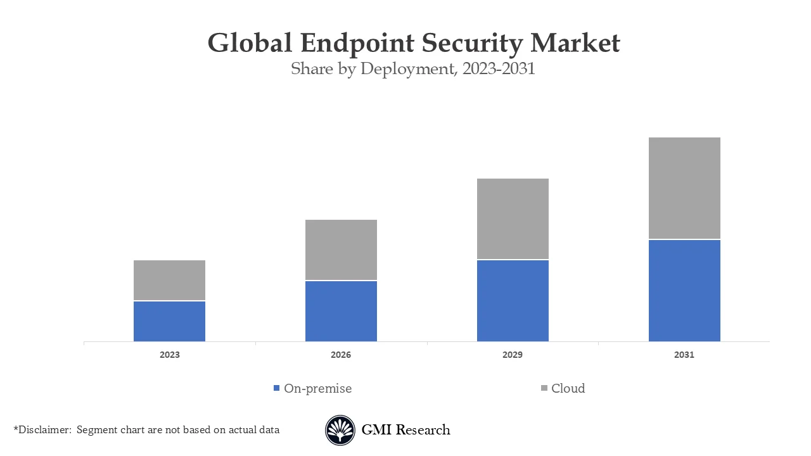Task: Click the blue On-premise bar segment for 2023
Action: tap(169, 321)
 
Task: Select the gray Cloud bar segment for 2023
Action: tap(169, 280)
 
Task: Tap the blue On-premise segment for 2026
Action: tap(341, 311)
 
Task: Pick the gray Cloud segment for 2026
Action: tap(341, 250)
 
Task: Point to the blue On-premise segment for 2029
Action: tap(513, 301)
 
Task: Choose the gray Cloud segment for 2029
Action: tap(513, 218)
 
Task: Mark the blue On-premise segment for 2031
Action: tap(684, 291)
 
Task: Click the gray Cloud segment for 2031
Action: tap(684, 188)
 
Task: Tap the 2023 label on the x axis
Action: tap(169, 355)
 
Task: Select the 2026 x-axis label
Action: tap(341, 355)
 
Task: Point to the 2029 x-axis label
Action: tap(513, 355)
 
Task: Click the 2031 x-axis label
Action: tap(684, 355)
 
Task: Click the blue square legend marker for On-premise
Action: tap(276, 388)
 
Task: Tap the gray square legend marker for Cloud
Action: tap(544, 388)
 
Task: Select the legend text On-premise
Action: tap(317, 388)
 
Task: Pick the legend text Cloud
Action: tap(568, 388)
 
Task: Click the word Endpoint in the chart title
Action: tap(357, 44)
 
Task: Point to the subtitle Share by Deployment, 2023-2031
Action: tap(413, 68)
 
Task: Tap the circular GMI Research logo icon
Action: tap(340, 430)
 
